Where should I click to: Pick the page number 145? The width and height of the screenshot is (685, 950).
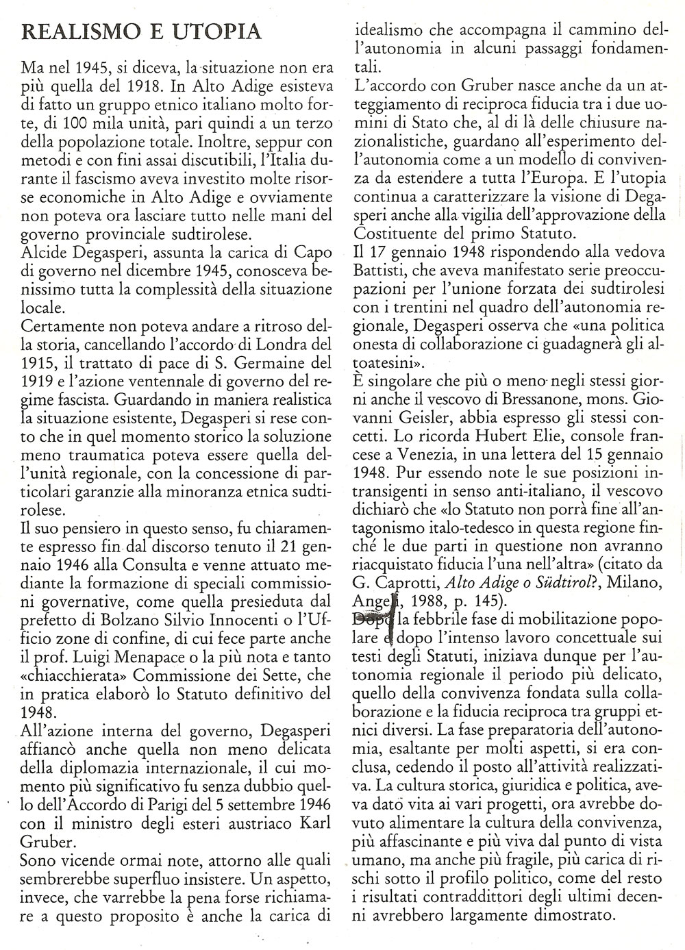pos(488,601)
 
